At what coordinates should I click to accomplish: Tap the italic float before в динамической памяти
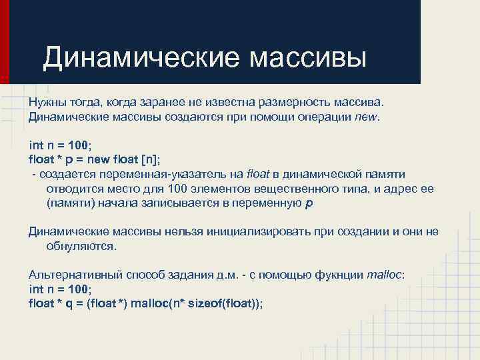(257, 174)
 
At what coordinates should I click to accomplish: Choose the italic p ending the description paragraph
(307, 204)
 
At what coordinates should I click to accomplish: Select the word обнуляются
(81, 246)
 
